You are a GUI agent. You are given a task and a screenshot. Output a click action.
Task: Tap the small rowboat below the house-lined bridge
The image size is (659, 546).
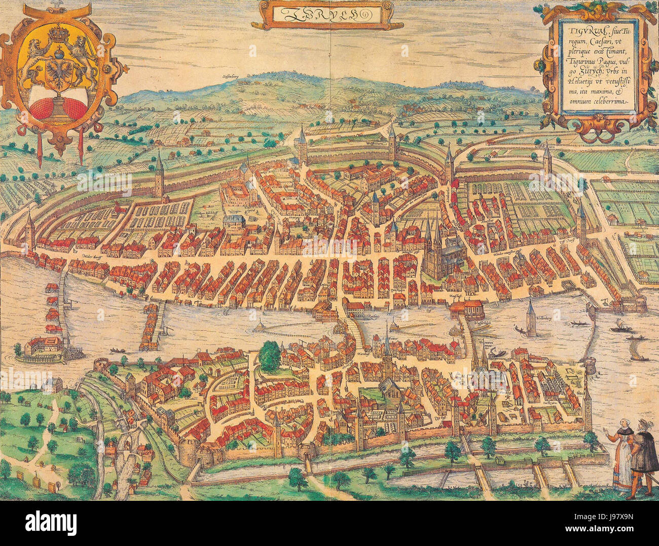116,350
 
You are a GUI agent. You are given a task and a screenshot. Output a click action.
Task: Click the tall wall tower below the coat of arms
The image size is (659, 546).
159,175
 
